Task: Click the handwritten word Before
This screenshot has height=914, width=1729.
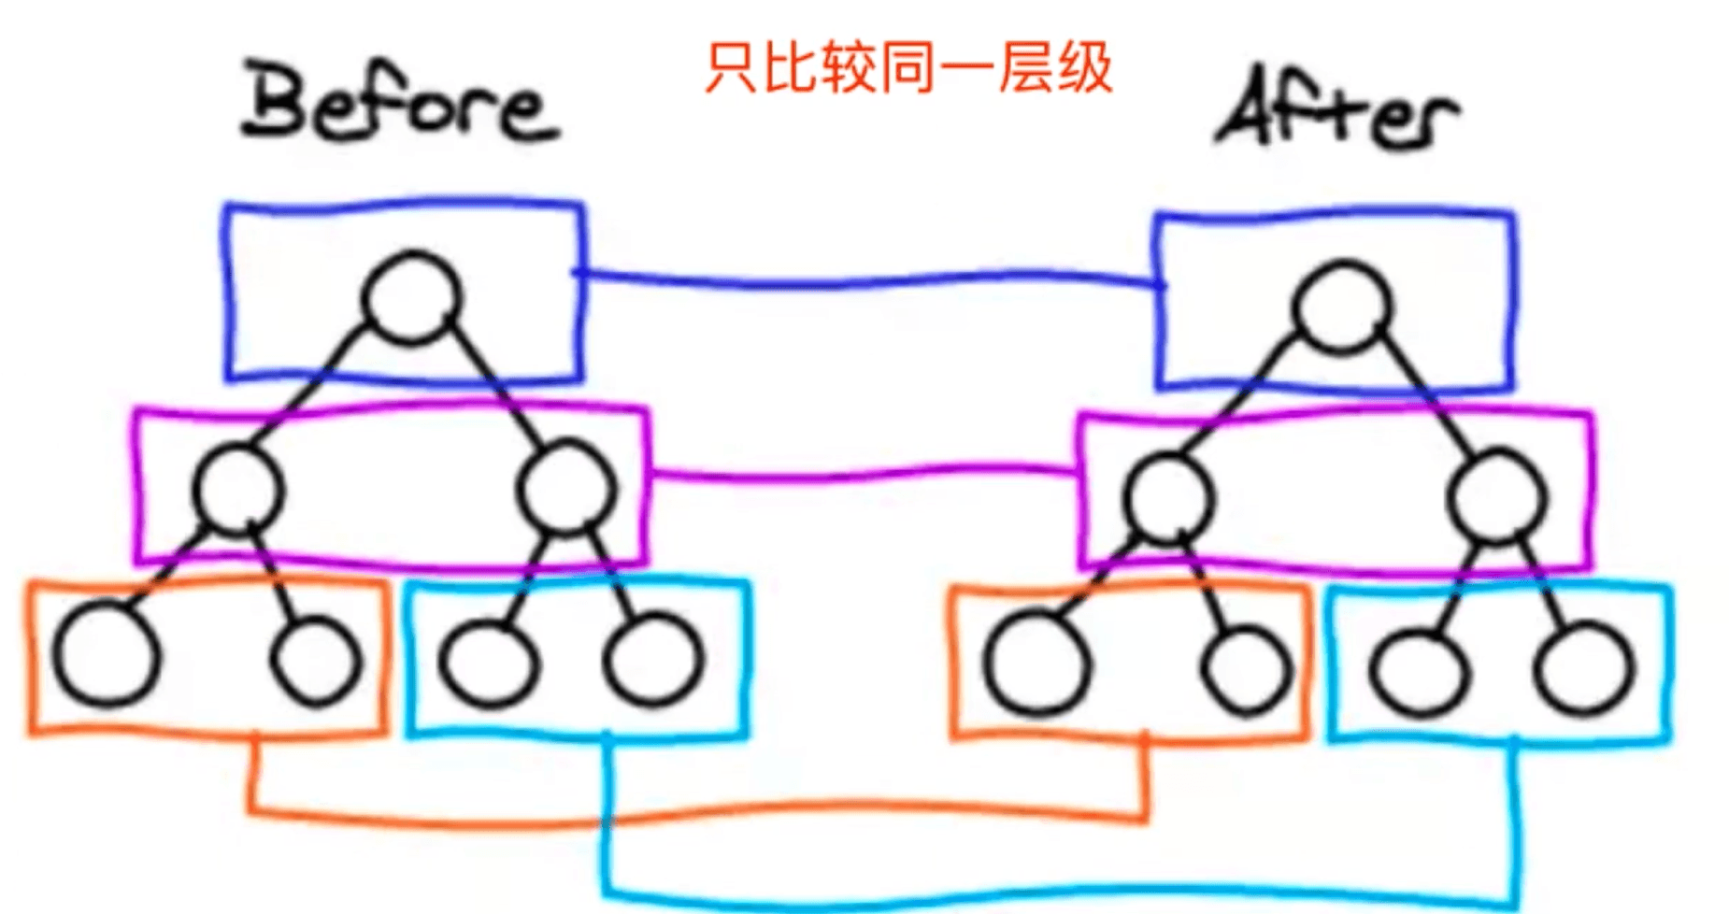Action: pyautogui.click(x=400, y=104)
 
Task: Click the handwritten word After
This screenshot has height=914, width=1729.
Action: pyautogui.click(x=1336, y=112)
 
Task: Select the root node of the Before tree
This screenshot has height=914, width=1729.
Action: pyautogui.click(x=412, y=297)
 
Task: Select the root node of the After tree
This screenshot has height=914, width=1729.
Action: pyautogui.click(x=1341, y=307)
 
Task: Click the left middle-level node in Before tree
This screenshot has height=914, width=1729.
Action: pyautogui.click(x=237, y=489)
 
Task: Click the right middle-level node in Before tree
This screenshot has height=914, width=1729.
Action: pyautogui.click(x=568, y=489)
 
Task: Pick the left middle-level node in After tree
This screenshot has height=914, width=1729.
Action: pyautogui.click(x=1168, y=498)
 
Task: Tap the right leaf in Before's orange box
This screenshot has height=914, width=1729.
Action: pyautogui.click(x=316, y=659)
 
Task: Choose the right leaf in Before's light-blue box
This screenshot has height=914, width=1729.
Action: pyautogui.click(x=653, y=659)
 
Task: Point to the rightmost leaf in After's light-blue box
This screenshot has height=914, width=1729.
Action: pyautogui.click(x=1585, y=669)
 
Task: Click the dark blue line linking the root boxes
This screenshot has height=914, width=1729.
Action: pyautogui.click(x=869, y=278)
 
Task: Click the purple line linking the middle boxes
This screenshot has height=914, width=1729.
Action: pyautogui.click(x=860, y=476)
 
